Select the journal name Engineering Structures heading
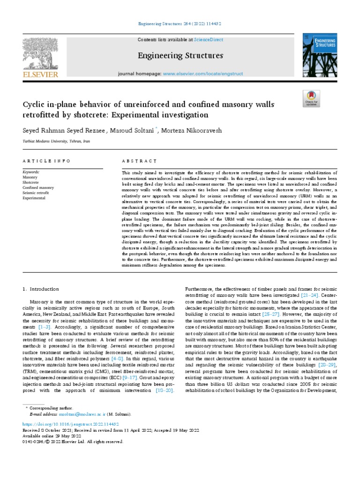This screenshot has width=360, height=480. click(180, 56)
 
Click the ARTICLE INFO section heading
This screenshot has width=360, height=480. click(46, 161)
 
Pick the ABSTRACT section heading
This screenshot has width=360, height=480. click(139, 161)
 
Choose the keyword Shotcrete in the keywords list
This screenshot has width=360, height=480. click(31, 183)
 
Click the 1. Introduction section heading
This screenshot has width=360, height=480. click(41, 289)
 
